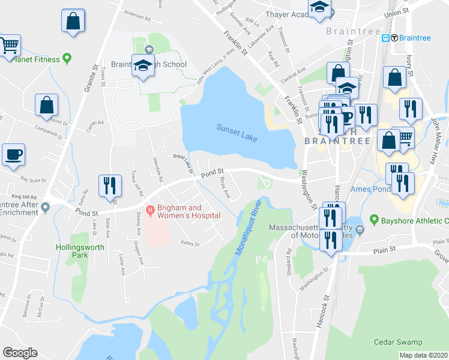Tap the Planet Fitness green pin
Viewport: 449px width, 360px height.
67,59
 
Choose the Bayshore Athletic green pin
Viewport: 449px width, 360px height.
375,221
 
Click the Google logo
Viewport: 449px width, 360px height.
20,352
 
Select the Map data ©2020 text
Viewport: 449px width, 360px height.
423,355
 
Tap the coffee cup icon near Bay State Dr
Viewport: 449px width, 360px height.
13,155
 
